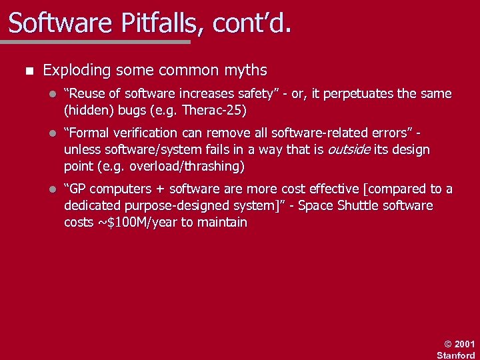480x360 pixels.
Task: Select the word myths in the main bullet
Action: click(245, 70)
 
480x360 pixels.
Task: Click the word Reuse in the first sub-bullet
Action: click(90, 93)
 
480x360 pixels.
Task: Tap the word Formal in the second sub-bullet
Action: click(92, 133)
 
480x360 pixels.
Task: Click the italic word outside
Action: click(349, 149)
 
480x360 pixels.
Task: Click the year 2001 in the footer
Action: click(465, 344)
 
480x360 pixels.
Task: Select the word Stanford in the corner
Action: click(456, 355)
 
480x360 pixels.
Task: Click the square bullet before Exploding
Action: click(26, 71)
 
